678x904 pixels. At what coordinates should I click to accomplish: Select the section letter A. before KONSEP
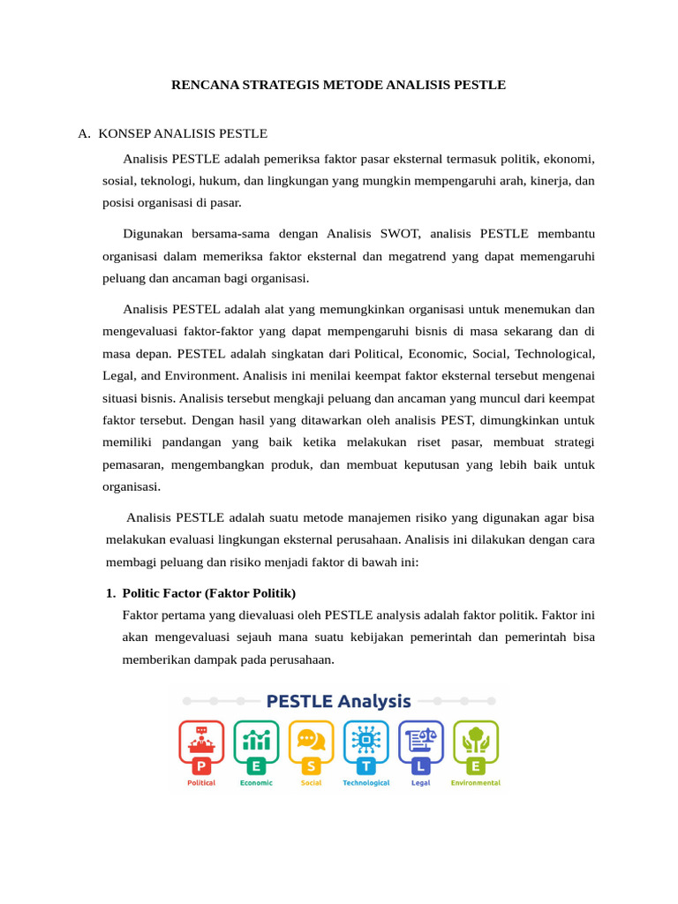(x=84, y=134)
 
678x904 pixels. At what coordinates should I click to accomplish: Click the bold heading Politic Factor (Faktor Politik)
(x=209, y=592)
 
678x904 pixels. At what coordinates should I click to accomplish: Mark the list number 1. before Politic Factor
(x=111, y=592)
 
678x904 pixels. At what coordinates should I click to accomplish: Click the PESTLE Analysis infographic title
(x=339, y=702)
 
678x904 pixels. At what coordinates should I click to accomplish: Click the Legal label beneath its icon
(x=421, y=783)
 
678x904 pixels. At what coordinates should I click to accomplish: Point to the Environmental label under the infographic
(x=476, y=783)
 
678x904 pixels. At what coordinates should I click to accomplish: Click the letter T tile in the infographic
(x=365, y=766)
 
